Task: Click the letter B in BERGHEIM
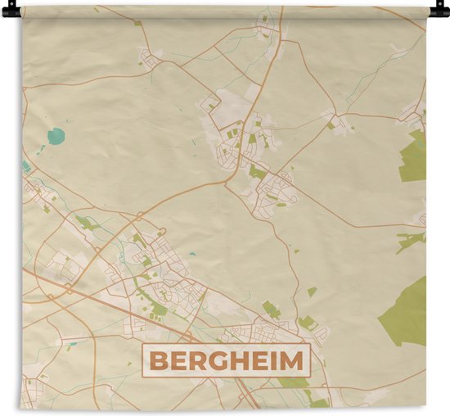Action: pos(159,360)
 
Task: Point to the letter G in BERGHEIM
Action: pos(215,360)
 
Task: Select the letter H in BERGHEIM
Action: pos(236,360)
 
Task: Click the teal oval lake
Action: pos(55,137)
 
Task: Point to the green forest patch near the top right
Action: pos(415,156)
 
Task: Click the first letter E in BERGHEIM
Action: pos(178,360)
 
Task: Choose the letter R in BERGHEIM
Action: pos(196,360)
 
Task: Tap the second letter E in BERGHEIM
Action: pos(255,360)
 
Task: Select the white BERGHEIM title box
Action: pos(225,360)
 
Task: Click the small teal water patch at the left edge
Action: pos(26,166)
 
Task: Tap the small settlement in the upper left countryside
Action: pos(149,58)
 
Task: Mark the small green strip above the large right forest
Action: pos(410,239)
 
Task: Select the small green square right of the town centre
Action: pos(312,291)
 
